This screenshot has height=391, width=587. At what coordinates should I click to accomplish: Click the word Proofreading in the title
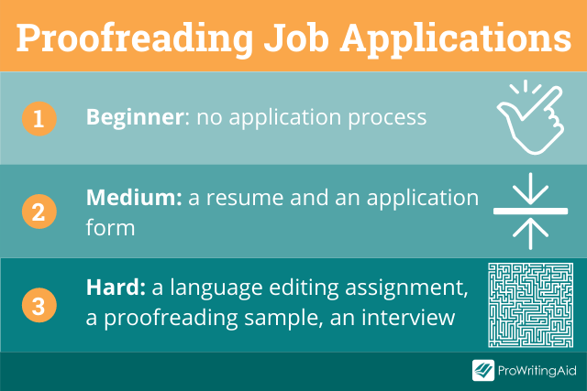point(135,39)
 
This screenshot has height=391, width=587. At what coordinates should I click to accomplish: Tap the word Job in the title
point(296,38)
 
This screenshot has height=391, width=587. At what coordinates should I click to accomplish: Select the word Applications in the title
point(456,39)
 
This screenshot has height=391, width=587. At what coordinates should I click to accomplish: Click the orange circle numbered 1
point(39,119)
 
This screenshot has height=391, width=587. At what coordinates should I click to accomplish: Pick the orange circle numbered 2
point(39,212)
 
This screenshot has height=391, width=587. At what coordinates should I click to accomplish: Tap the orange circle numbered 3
point(39,305)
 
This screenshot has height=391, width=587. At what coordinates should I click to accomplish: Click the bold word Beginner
point(135,118)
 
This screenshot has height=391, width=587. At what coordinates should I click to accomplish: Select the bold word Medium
point(134,198)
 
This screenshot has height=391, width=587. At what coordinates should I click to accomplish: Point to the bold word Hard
point(116,288)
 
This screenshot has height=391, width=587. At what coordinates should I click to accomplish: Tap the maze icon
point(530,305)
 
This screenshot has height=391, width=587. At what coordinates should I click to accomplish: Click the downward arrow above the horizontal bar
point(530,188)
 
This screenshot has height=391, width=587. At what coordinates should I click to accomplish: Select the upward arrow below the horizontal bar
point(530,234)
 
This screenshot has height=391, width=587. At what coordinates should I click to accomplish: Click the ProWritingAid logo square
point(483,371)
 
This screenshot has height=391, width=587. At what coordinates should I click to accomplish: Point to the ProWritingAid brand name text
point(537,371)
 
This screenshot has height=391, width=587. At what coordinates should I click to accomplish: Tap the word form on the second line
point(110,228)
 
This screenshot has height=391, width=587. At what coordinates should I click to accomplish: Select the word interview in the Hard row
point(408,318)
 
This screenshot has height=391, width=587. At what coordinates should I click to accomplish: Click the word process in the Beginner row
point(387,119)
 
